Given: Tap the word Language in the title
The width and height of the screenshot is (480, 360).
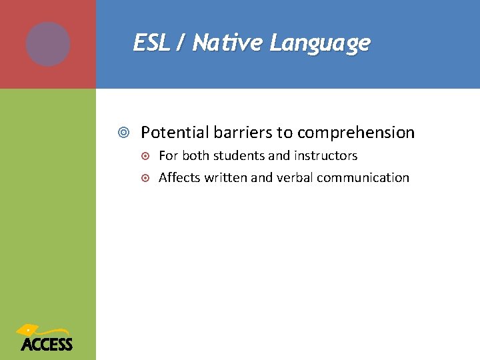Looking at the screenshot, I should coord(319,44).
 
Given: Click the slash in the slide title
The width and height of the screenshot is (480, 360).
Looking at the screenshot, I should coord(181,44).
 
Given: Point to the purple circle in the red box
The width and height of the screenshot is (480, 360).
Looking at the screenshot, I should coord(48,44).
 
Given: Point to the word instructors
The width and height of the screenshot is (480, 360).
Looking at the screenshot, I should coord(325,156).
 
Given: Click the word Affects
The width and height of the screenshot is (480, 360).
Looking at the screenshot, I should coord(178,178).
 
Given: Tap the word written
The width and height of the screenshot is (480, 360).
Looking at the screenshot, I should coord(223,178).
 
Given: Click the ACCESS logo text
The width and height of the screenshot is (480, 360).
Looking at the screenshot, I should coord(47,345).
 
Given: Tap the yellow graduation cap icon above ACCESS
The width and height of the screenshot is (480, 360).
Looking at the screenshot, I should coord(30,330).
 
